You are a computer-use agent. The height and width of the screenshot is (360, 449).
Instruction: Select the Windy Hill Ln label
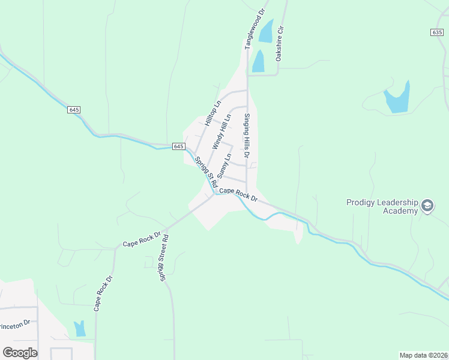221,132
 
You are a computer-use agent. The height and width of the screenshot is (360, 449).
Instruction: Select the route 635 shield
437,32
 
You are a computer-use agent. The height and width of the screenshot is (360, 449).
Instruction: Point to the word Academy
400,211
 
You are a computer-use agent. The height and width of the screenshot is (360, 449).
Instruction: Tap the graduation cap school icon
427,206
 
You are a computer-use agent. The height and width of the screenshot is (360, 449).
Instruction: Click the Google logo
20,352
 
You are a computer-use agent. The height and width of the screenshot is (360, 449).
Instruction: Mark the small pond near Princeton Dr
79,328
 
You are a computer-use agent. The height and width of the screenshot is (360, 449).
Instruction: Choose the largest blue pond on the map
397,98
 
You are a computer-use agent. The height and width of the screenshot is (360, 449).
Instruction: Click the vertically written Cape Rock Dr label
103,293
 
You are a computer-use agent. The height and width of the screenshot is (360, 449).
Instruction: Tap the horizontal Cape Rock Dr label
238,194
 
